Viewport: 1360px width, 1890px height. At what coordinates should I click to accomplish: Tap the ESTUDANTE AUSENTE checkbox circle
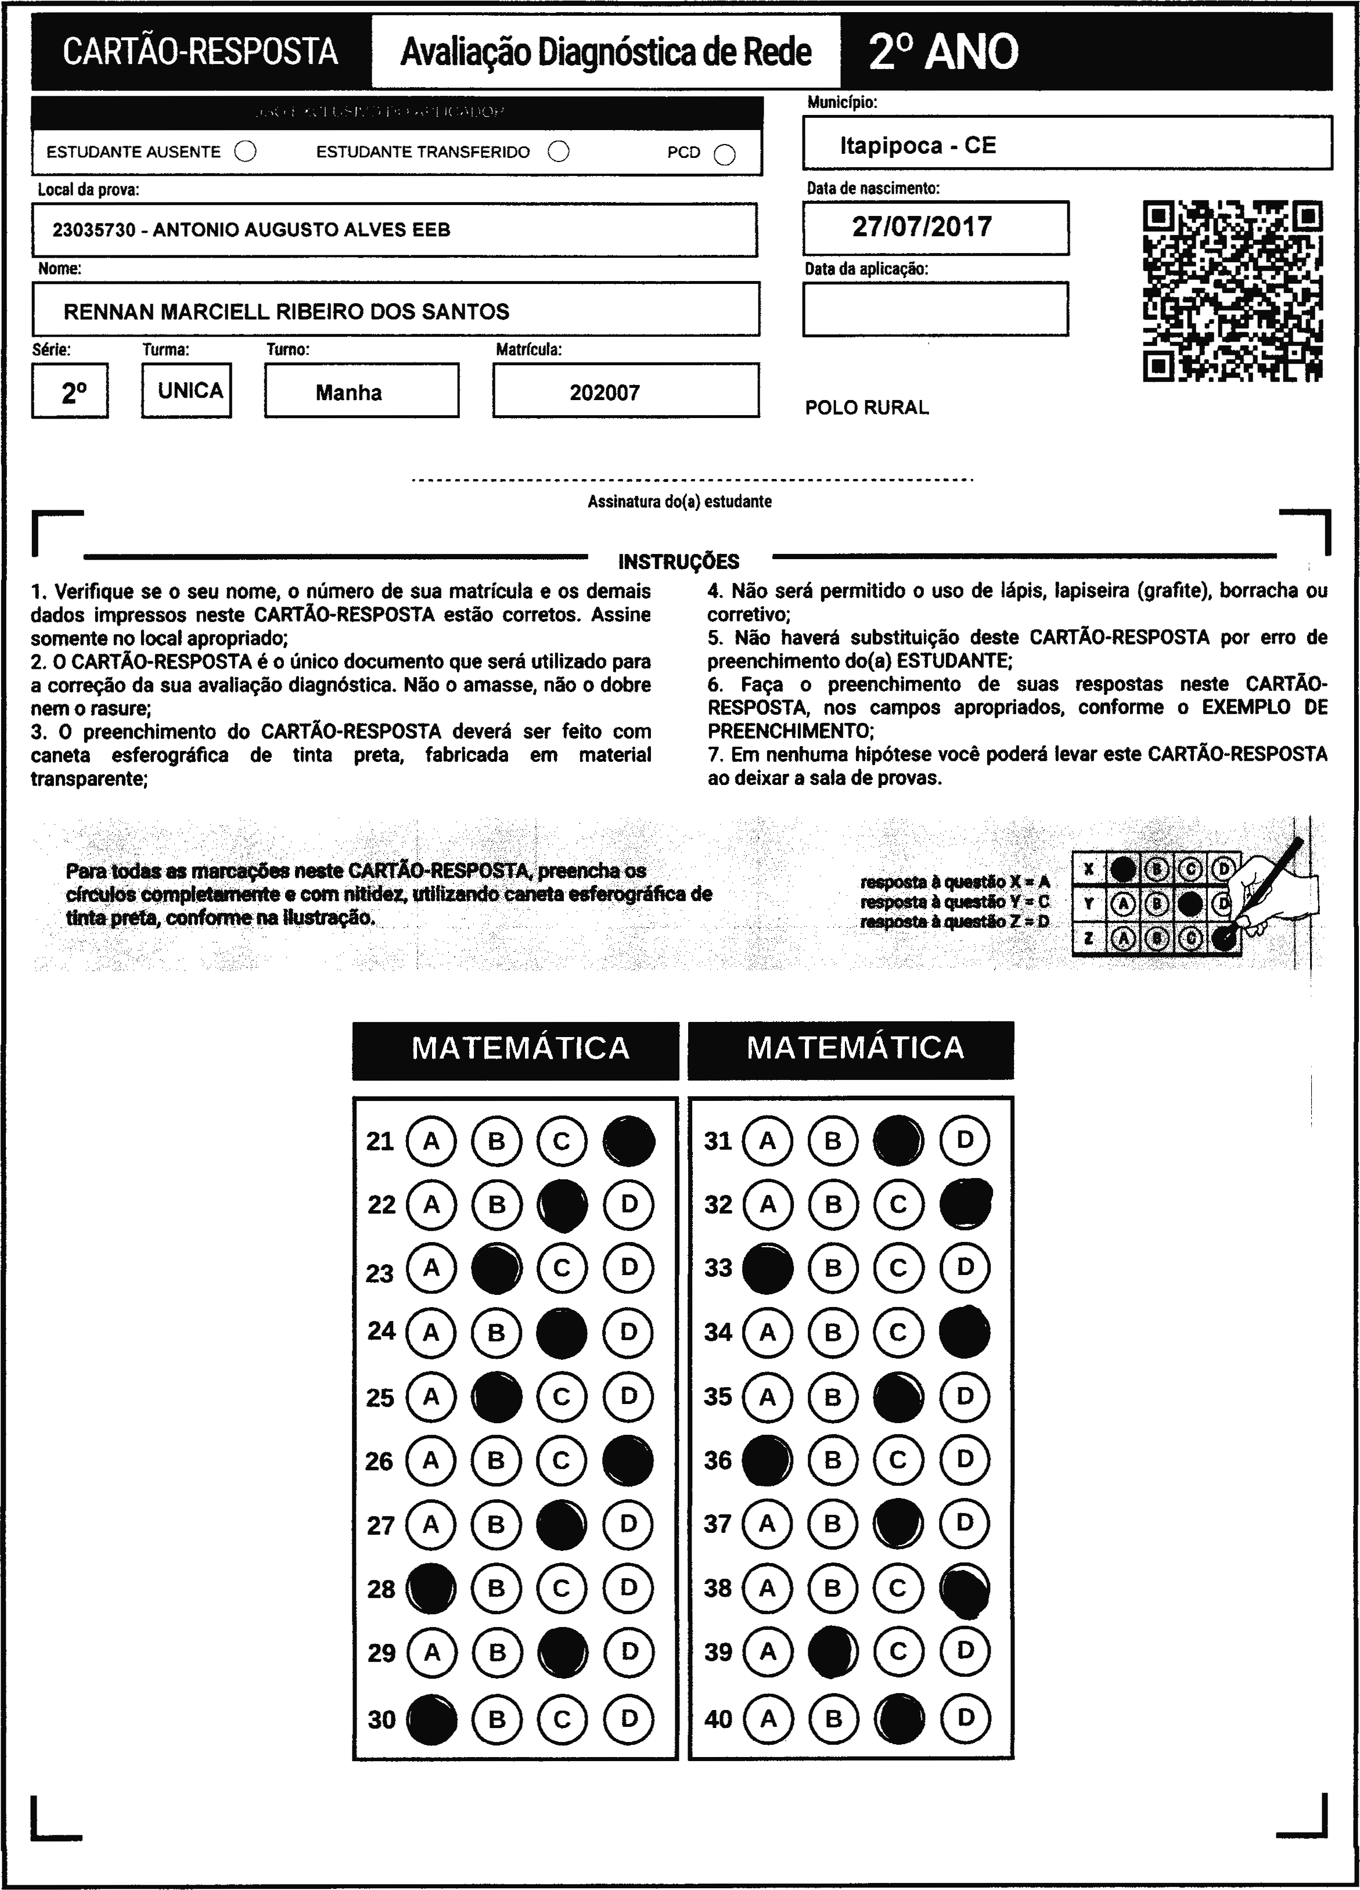(245, 152)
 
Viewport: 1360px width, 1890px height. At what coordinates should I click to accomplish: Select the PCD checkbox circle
(725, 154)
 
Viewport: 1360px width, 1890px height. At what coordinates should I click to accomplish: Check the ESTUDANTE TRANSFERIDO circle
(558, 152)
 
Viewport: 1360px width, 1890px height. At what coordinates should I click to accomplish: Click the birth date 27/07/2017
(922, 226)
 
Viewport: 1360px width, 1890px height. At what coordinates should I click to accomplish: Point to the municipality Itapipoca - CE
(918, 146)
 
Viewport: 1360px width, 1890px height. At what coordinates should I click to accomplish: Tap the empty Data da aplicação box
(935, 309)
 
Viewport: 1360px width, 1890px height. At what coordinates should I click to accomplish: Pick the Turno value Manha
(348, 393)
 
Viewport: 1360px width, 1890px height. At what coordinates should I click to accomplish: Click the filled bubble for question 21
(628, 1141)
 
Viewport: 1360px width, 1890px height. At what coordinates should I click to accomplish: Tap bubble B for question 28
(496, 1588)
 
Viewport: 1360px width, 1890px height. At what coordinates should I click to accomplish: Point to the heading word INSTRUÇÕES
(678, 561)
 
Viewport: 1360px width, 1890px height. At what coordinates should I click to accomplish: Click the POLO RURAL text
(866, 408)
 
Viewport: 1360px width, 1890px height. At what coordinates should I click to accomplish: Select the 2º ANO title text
(942, 52)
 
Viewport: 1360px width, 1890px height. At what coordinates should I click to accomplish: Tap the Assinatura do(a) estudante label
(679, 502)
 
